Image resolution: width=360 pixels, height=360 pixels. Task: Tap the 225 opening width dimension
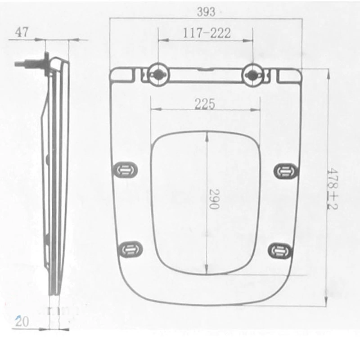(205, 103)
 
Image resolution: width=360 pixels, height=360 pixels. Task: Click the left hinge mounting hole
(158, 74)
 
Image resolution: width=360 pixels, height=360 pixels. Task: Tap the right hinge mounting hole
(252, 74)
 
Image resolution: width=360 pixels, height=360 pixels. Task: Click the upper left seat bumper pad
(126, 170)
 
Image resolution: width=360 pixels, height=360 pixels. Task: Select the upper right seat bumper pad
(285, 171)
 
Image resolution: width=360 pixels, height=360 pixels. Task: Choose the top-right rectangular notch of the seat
(288, 76)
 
